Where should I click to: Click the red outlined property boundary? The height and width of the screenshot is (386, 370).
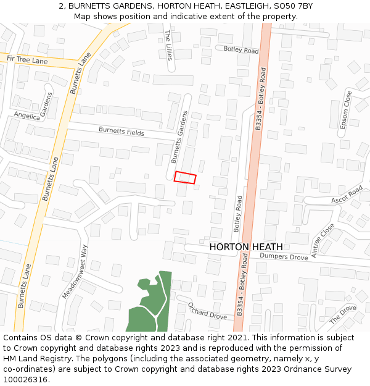tap(185, 178)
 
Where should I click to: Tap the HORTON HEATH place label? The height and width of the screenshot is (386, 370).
tap(246, 247)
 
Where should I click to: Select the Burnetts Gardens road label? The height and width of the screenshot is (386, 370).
tap(179, 136)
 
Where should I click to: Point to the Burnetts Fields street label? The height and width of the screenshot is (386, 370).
tap(121, 131)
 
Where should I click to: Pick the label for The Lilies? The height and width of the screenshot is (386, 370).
tap(169, 44)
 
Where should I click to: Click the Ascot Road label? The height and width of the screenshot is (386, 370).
tap(347, 196)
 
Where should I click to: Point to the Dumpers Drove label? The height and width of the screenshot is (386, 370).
tap(283, 256)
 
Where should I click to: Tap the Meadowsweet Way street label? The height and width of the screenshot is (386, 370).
tap(76, 272)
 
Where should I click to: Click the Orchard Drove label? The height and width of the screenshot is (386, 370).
tap(207, 311)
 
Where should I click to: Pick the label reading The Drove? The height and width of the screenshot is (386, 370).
tap(343, 315)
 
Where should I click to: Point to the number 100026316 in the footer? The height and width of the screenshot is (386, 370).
tap(25, 379)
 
